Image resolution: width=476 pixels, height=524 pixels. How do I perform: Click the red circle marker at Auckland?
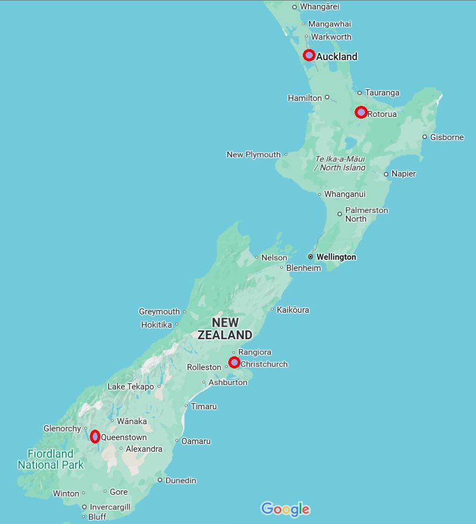click(309, 55)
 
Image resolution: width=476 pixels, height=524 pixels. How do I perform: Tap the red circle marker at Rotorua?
click(361, 112)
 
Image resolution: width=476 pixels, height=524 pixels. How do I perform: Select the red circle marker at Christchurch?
click(234, 362)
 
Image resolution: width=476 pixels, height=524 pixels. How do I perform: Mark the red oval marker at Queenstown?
click(95, 437)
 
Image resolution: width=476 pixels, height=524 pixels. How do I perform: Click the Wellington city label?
click(336, 257)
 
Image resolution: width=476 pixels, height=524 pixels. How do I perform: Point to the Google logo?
click(285, 509)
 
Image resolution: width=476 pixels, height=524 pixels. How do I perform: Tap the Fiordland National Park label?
click(51, 459)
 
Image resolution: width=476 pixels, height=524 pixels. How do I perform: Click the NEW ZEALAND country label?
click(225, 329)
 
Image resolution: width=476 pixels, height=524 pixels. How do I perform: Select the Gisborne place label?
click(447, 137)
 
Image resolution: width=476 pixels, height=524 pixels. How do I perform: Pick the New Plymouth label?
click(253, 154)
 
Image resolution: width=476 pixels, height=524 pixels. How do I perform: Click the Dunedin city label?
click(180, 480)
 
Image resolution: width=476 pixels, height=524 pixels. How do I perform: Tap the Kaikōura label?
click(292, 310)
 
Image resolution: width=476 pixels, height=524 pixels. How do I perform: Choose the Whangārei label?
click(319, 7)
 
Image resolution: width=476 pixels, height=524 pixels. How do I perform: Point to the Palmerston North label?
click(366, 215)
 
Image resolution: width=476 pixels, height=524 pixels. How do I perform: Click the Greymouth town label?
click(159, 312)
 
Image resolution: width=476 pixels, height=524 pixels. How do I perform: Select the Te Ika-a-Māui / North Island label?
click(340, 163)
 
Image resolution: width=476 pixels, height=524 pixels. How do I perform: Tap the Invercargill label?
click(110, 507)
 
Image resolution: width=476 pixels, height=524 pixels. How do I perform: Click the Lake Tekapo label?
click(131, 387)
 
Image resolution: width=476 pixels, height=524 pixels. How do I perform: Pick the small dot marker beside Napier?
click(386, 174)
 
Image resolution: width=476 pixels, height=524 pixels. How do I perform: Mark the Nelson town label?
click(274, 258)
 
